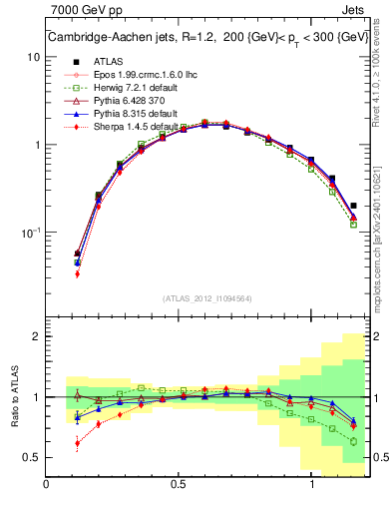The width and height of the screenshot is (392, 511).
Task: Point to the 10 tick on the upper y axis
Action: (34, 57)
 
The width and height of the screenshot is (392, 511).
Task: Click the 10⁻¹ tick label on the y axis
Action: (31, 233)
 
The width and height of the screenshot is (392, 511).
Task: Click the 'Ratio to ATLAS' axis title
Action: (13, 397)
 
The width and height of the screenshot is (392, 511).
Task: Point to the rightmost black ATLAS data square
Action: (353, 206)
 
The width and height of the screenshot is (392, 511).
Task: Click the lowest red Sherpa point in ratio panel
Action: (77, 443)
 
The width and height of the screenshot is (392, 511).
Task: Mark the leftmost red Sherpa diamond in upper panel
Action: (77, 273)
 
